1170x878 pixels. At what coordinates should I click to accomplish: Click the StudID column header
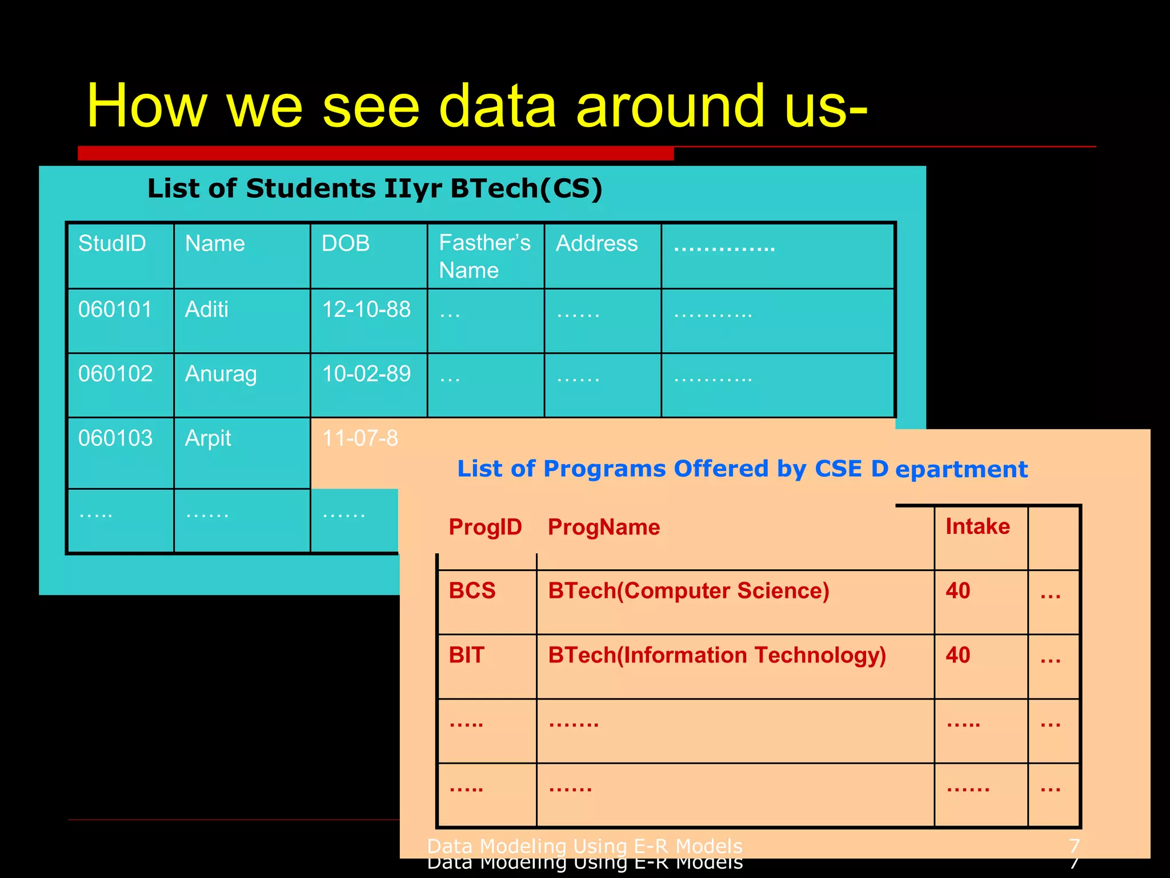[x=112, y=244]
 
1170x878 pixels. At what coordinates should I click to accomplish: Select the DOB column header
[x=346, y=244]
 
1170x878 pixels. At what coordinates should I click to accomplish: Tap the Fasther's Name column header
[x=484, y=256]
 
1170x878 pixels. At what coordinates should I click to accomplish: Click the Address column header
[x=596, y=244]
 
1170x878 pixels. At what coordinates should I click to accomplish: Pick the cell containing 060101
[x=115, y=309]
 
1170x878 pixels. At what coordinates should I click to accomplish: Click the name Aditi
[x=207, y=309]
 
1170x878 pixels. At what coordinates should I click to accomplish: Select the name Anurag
[x=221, y=374]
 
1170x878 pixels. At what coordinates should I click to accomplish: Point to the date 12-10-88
[x=366, y=309]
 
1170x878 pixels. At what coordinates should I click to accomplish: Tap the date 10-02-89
[x=366, y=374]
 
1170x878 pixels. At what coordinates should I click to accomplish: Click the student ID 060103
[x=115, y=438]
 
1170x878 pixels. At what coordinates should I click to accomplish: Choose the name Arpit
[x=208, y=438]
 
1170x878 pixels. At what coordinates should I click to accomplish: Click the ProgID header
[x=485, y=527]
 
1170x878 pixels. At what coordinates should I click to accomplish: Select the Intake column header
[x=977, y=526]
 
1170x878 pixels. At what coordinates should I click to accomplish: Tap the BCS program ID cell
[x=472, y=590]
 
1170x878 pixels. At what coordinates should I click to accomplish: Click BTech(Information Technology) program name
[x=717, y=655]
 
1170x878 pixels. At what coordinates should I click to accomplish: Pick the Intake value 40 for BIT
[x=958, y=655]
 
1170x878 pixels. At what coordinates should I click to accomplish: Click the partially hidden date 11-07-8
[x=360, y=438]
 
